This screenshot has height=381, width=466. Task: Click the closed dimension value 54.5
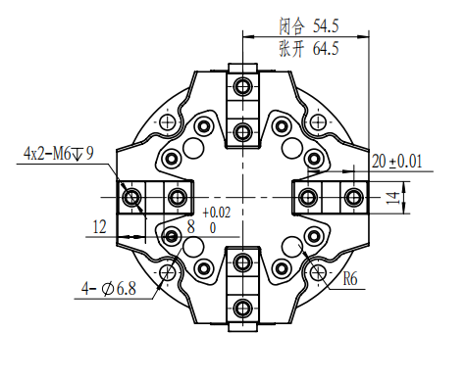point(326,26)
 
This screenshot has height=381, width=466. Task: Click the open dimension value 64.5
point(326,49)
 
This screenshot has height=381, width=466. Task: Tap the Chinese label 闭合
point(291,26)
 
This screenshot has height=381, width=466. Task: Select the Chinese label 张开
point(291,49)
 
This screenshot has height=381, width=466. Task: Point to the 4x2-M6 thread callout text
point(59,153)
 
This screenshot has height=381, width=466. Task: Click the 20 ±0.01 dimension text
point(397,162)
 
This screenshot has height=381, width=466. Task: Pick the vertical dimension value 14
point(393,198)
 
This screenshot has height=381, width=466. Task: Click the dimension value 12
point(100,226)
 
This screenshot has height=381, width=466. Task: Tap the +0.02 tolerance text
point(217,213)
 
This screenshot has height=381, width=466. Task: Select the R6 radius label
point(350,279)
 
